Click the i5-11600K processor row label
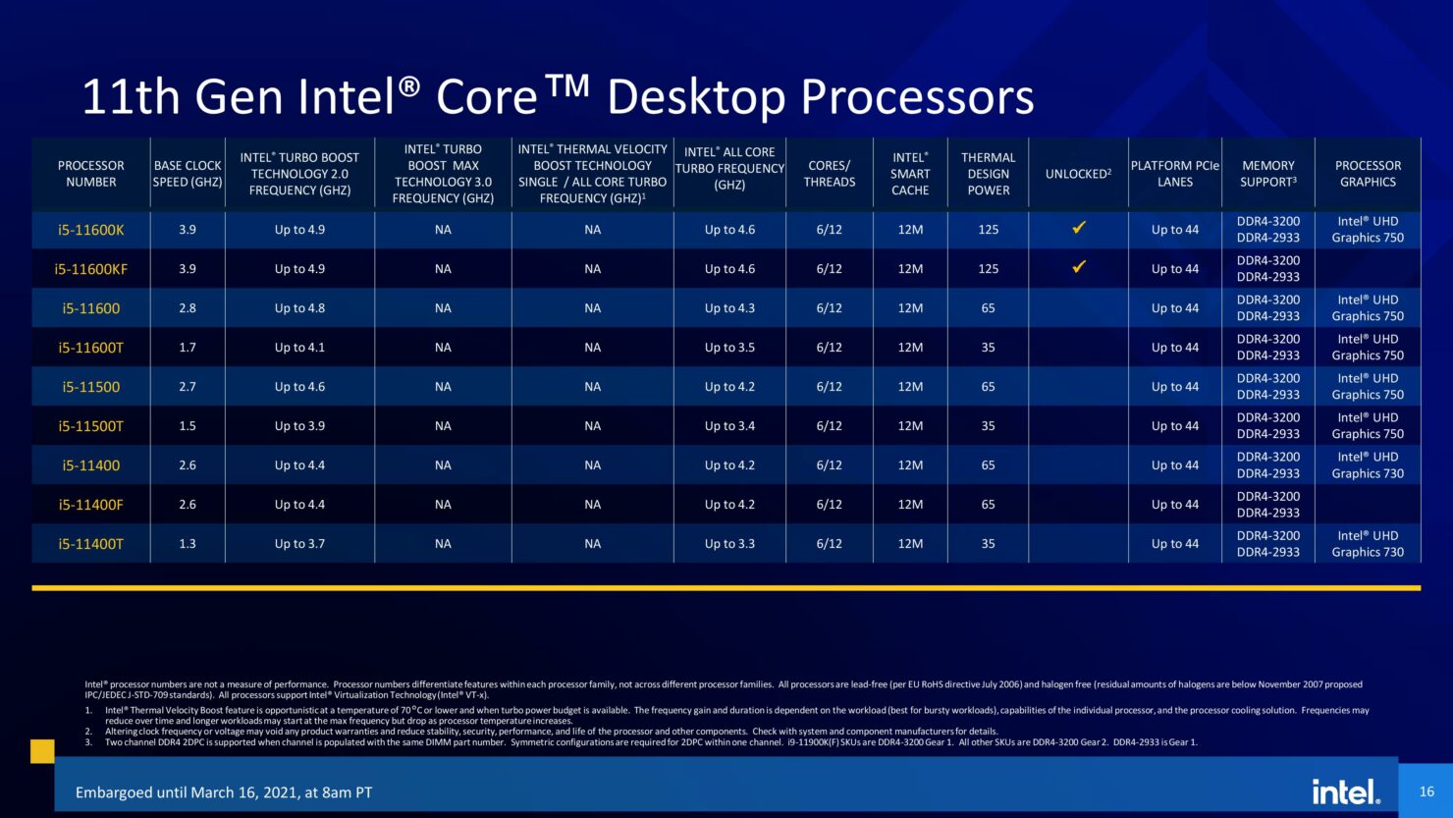(x=90, y=230)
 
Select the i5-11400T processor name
(x=90, y=544)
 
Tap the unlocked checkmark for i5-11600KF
(x=1078, y=267)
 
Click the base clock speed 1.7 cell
(x=188, y=348)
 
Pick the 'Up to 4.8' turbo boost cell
(x=299, y=308)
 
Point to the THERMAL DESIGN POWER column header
(x=988, y=174)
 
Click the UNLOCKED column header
(x=1078, y=174)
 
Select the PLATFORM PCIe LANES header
(x=1174, y=174)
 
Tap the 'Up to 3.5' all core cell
(x=729, y=348)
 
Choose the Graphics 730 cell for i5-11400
(x=1368, y=465)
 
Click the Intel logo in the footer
(x=1345, y=791)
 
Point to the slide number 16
(x=1426, y=791)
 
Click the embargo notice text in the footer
(x=224, y=792)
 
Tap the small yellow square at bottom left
(x=42, y=751)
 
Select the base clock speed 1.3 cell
(x=188, y=544)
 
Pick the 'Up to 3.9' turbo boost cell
(x=299, y=426)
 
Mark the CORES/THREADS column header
(x=829, y=174)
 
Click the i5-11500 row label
(x=90, y=387)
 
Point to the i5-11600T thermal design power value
(x=988, y=348)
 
